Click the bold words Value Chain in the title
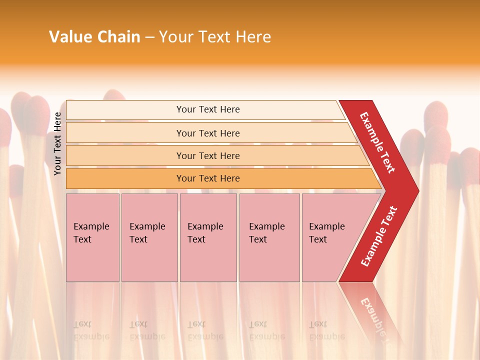(x=94, y=37)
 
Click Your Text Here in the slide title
(x=215, y=37)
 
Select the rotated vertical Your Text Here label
(x=57, y=143)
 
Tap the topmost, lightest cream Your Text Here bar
(x=208, y=109)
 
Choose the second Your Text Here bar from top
(x=208, y=133)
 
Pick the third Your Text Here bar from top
(x=208, y=156)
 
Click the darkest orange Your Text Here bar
(x=208, y=178)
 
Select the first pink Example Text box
(x=92, y=237)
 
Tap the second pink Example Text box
(x=149, y=237)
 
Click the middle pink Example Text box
(x=208, y=237)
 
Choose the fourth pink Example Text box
(x=269, y=237)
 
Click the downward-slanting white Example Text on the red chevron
(x=377, y=142)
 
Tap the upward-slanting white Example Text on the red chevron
(x=379, y=236)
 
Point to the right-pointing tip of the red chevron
(x=416, y=191)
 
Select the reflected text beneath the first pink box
(x=91, y=330)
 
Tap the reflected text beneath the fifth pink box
(x=326, y=330)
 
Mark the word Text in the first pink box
(x=82, y=239)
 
